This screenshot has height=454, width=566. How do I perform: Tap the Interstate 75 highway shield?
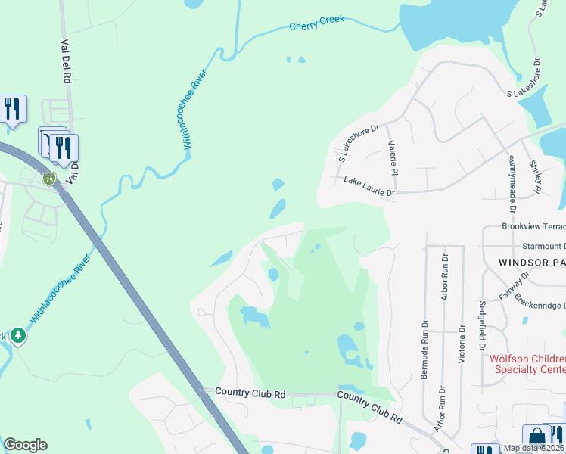49,179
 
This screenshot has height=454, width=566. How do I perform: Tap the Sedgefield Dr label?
482,326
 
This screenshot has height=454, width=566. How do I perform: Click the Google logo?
25,445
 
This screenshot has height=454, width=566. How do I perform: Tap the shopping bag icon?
536,437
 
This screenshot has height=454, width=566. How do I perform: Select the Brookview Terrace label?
533,227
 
